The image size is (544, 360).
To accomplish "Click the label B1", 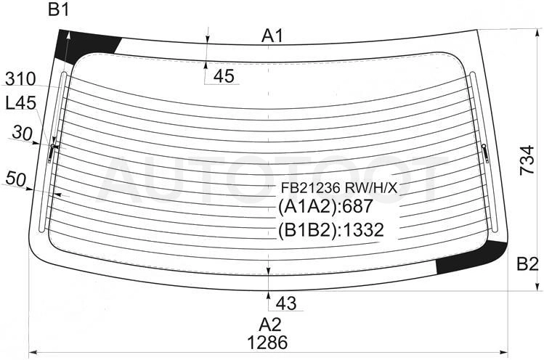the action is [59, 9].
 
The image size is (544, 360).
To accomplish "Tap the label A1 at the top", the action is [272, 36].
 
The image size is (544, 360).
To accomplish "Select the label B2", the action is [527, 264].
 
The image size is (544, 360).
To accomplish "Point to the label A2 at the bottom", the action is [270, 325].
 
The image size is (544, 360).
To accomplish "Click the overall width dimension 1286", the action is [267, 343].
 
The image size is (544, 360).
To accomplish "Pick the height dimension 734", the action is [527, 160].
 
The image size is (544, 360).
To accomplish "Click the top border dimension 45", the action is [224, 76].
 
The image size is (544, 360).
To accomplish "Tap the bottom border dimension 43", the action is [286, 303].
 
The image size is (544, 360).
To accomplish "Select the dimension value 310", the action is [20, 79].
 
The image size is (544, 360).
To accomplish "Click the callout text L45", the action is [21, 103].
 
